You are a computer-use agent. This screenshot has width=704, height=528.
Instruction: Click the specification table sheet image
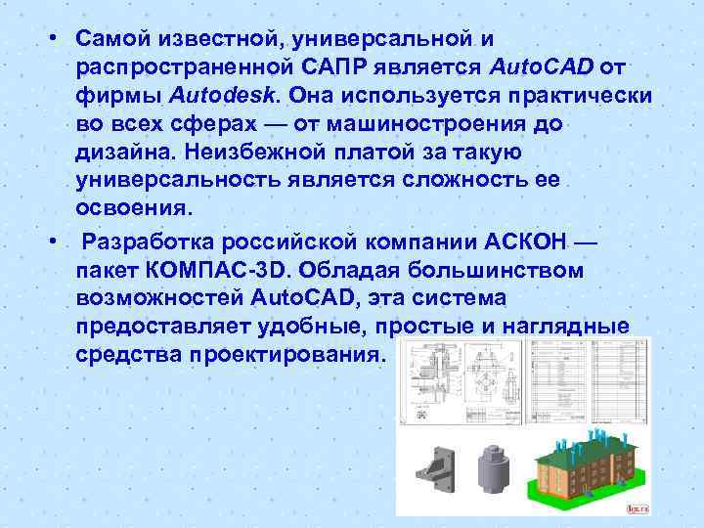[x=612, y=382]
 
